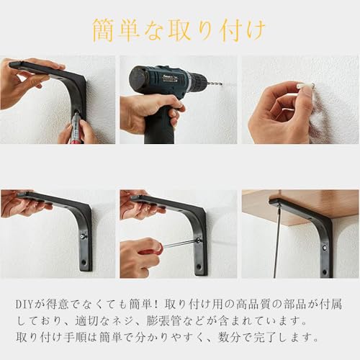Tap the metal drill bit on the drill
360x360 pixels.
point(213,83)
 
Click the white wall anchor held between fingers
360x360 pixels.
point(306,88)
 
